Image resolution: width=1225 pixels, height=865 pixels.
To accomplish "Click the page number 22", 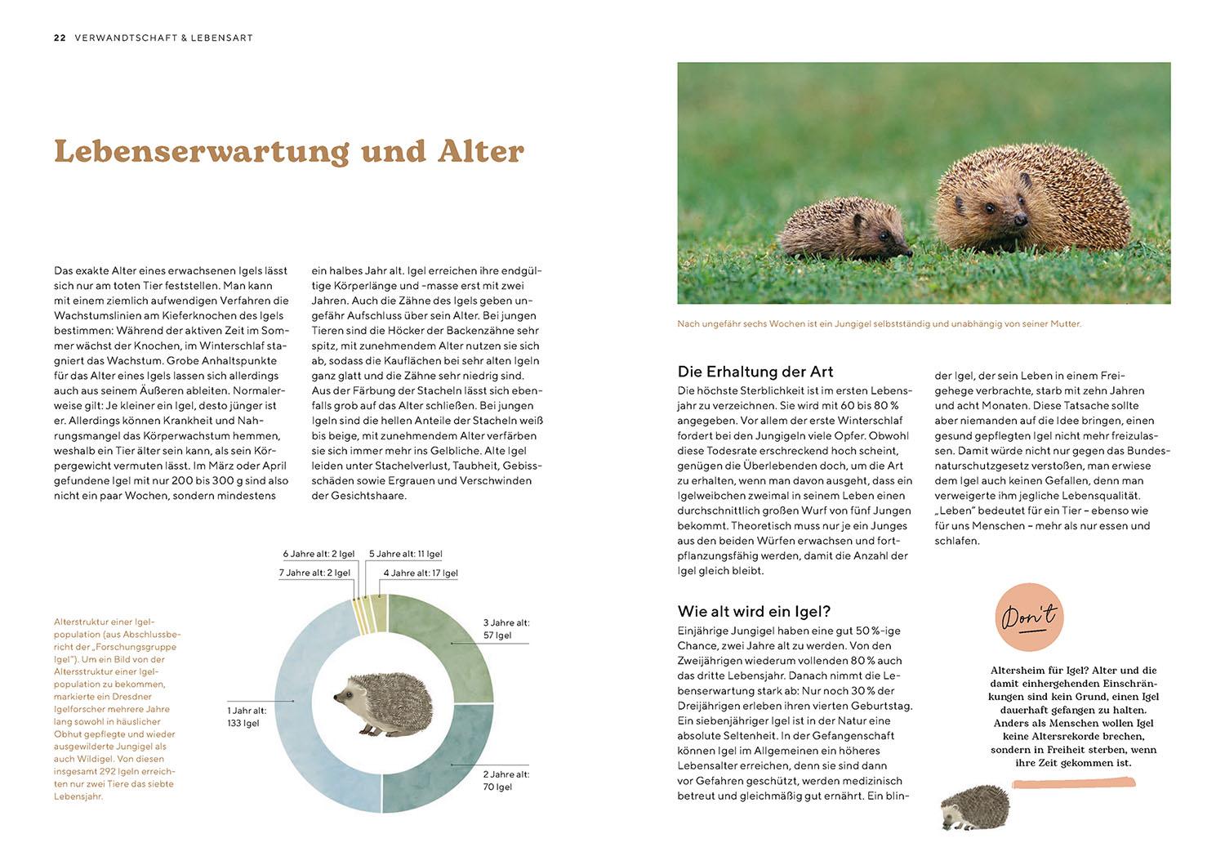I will coord(60,38).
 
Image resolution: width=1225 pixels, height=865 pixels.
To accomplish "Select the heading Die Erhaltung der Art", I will coord(755,372).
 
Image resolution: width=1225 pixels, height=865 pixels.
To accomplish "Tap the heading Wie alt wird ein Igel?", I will coord(754,612).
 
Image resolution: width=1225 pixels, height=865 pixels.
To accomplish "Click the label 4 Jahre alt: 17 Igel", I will coord(420,573).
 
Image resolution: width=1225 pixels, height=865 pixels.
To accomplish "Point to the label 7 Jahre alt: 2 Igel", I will coord(314,573).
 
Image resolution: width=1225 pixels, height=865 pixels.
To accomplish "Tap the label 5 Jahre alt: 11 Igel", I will coord(405,555).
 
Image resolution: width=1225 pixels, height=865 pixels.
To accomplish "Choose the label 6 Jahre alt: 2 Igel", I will coord(318,555).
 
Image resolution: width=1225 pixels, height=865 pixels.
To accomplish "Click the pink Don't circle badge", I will coord(1029,618).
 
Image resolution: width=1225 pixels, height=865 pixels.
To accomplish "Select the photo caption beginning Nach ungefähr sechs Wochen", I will coord(879,324).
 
